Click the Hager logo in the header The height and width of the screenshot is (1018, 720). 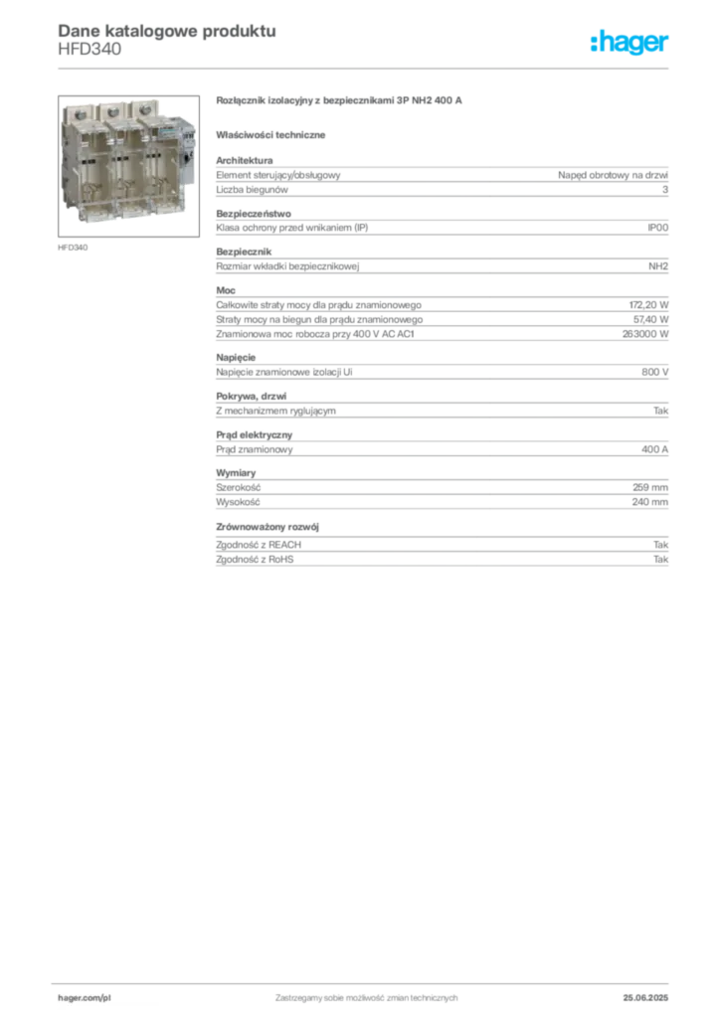(630, 43)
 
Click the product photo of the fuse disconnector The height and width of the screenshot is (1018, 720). (128, 166)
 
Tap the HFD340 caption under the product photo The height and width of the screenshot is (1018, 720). (73, 248)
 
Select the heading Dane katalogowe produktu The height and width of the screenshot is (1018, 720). (167, 31)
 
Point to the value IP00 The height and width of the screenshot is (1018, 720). (657, 228)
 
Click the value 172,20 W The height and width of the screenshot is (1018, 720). (648, 305)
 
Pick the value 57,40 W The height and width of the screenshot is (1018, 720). (650, 319)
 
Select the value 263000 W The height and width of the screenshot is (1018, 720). (645, 334)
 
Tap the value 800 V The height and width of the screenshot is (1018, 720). (655, 372)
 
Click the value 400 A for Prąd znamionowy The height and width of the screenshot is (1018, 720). (655, 449)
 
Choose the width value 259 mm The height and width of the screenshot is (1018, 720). (650, 487)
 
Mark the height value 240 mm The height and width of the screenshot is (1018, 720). (650, 502)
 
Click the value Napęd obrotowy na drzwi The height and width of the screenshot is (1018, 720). (613, 175)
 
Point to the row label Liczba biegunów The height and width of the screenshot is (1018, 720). (252, 190)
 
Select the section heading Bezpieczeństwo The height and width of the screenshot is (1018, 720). (254, 214)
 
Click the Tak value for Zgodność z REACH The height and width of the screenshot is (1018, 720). (661, 545)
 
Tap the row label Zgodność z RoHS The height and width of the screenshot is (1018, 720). (255, 559)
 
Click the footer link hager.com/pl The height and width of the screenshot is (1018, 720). (85, 998)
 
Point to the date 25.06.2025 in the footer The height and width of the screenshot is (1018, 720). (645, 998)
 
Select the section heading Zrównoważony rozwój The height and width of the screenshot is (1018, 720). (268, 527)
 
